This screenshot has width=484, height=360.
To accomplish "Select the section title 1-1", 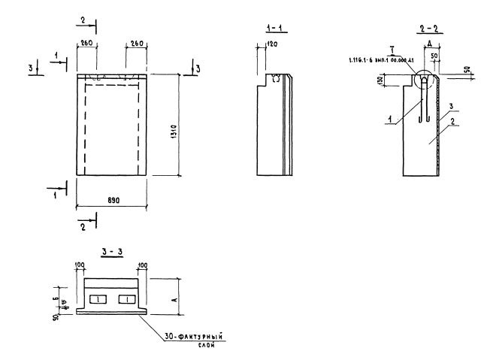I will point(277,29).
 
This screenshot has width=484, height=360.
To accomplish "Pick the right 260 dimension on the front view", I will point(137,44).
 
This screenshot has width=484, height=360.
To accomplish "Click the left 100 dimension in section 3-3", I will point(80,265).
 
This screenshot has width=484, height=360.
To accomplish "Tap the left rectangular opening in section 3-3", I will point(98,300).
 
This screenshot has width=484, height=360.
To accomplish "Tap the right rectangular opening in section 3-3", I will point(128,300).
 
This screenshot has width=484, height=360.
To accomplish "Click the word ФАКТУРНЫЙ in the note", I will point(189,338).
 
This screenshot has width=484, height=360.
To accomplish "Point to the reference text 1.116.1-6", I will point(365,59).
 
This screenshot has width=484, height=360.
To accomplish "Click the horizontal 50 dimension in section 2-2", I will point(434,57).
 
